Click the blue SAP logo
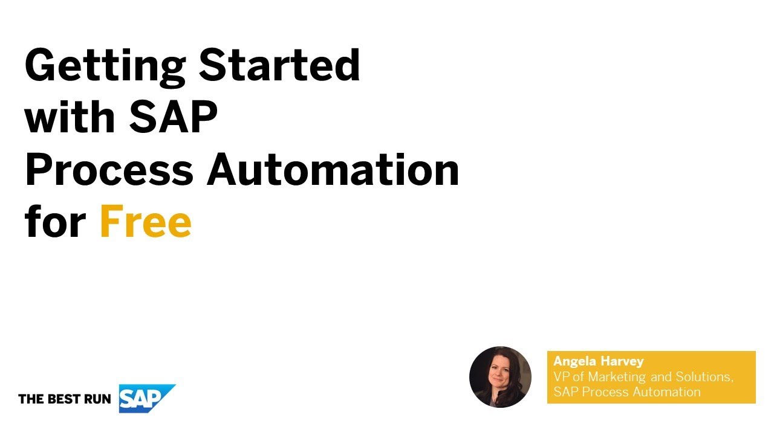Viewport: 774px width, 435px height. [145, 398]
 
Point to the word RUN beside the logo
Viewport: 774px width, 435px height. [96, 399]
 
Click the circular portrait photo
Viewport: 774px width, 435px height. [500, 377]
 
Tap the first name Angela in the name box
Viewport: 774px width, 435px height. [574, 361]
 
